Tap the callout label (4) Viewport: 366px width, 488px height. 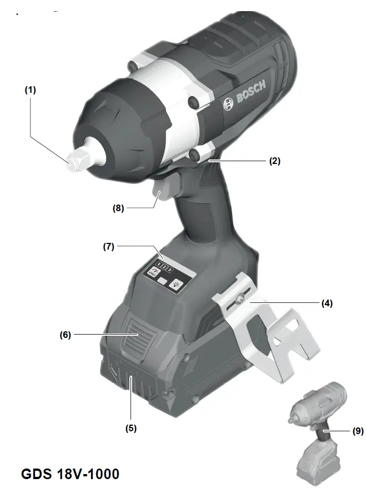328,303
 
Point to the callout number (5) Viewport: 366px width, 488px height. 131,428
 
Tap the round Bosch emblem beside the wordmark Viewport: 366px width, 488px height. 227,105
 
